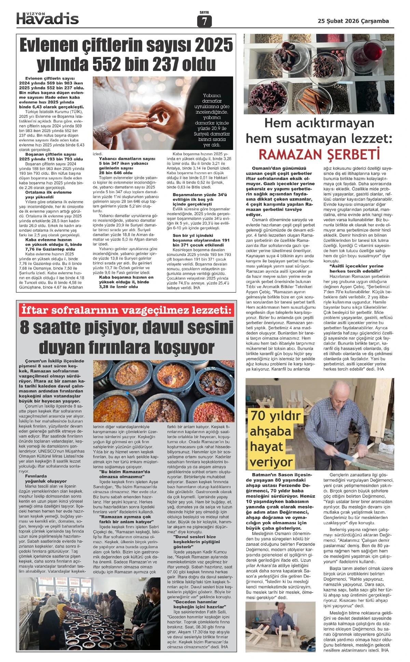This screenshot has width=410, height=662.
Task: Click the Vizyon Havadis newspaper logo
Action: pyautogui.click(x=47, y=18)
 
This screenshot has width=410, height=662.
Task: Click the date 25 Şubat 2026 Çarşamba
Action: pyautogui.click(x=353, y=21)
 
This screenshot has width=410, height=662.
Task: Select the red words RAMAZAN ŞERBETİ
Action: pyautogui.click(x=319, y=154)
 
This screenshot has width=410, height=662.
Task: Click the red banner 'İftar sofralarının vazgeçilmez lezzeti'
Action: pyautogui.click(x=126, y=310)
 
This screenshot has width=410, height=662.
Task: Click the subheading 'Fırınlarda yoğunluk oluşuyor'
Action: pyautogui.click(x=46, y=478)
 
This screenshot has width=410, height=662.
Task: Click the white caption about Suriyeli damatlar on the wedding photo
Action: pyautogui.click(x=212, y=120)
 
